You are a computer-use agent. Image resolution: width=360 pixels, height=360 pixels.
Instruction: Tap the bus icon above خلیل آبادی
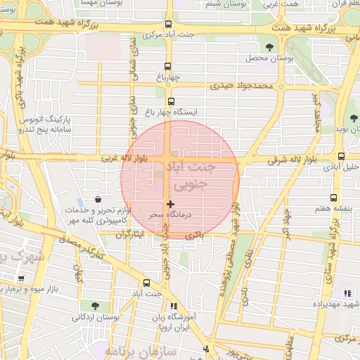pyautogui.click(x=341, y=157)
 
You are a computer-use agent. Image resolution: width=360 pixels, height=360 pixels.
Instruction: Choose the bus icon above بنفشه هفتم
pyautogui.click(x=333, y=198)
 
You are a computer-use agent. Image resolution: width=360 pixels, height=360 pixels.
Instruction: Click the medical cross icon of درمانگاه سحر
pyautogui.click(x=170, y=204)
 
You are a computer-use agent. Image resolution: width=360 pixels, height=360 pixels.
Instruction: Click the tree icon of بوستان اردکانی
pyautogui.click(x=94, y=306)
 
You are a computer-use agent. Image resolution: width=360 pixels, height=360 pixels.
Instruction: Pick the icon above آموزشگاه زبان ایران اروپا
pyautogui.click(x=173, y=306)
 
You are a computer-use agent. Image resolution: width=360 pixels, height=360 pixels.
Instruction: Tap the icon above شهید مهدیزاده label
pyautogui.click(x=346, y=292)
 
